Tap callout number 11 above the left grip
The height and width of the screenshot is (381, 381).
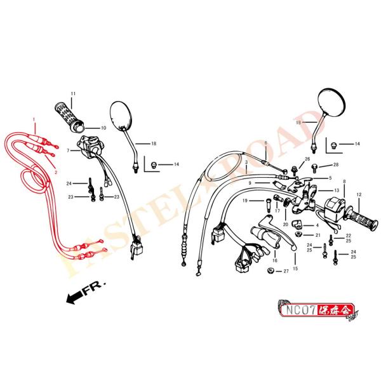point(72,93)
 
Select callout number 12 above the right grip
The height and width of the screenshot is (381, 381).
point(359,194)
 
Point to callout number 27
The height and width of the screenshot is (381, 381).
point(286,271)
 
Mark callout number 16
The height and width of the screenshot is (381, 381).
point(275,260)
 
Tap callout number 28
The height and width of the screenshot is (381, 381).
point(336,165)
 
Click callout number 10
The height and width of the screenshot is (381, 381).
point(104,128)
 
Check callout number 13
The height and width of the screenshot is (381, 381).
point(337,190)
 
